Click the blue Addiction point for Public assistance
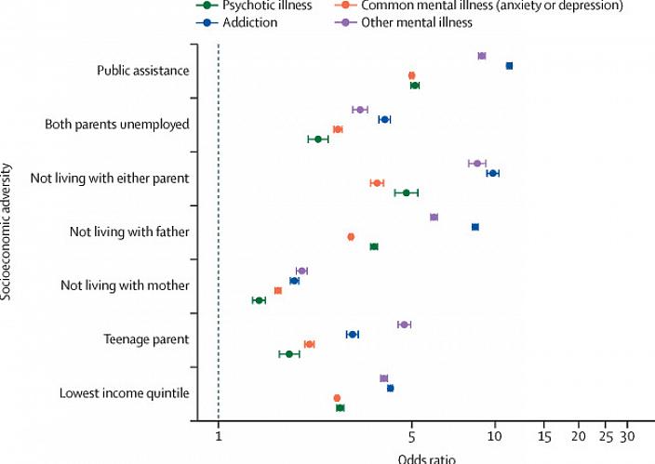[509, 66]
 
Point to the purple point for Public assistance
[482, 56]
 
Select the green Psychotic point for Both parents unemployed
[318, 139]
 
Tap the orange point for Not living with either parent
[377, 183]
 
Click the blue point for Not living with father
[475, 227]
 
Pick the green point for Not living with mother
[259, 300]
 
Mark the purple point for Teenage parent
[404, 325]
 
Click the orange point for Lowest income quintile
[338, 398]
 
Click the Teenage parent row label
[152, 339]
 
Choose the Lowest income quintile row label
[125, 393]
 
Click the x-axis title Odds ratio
[427, 457]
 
